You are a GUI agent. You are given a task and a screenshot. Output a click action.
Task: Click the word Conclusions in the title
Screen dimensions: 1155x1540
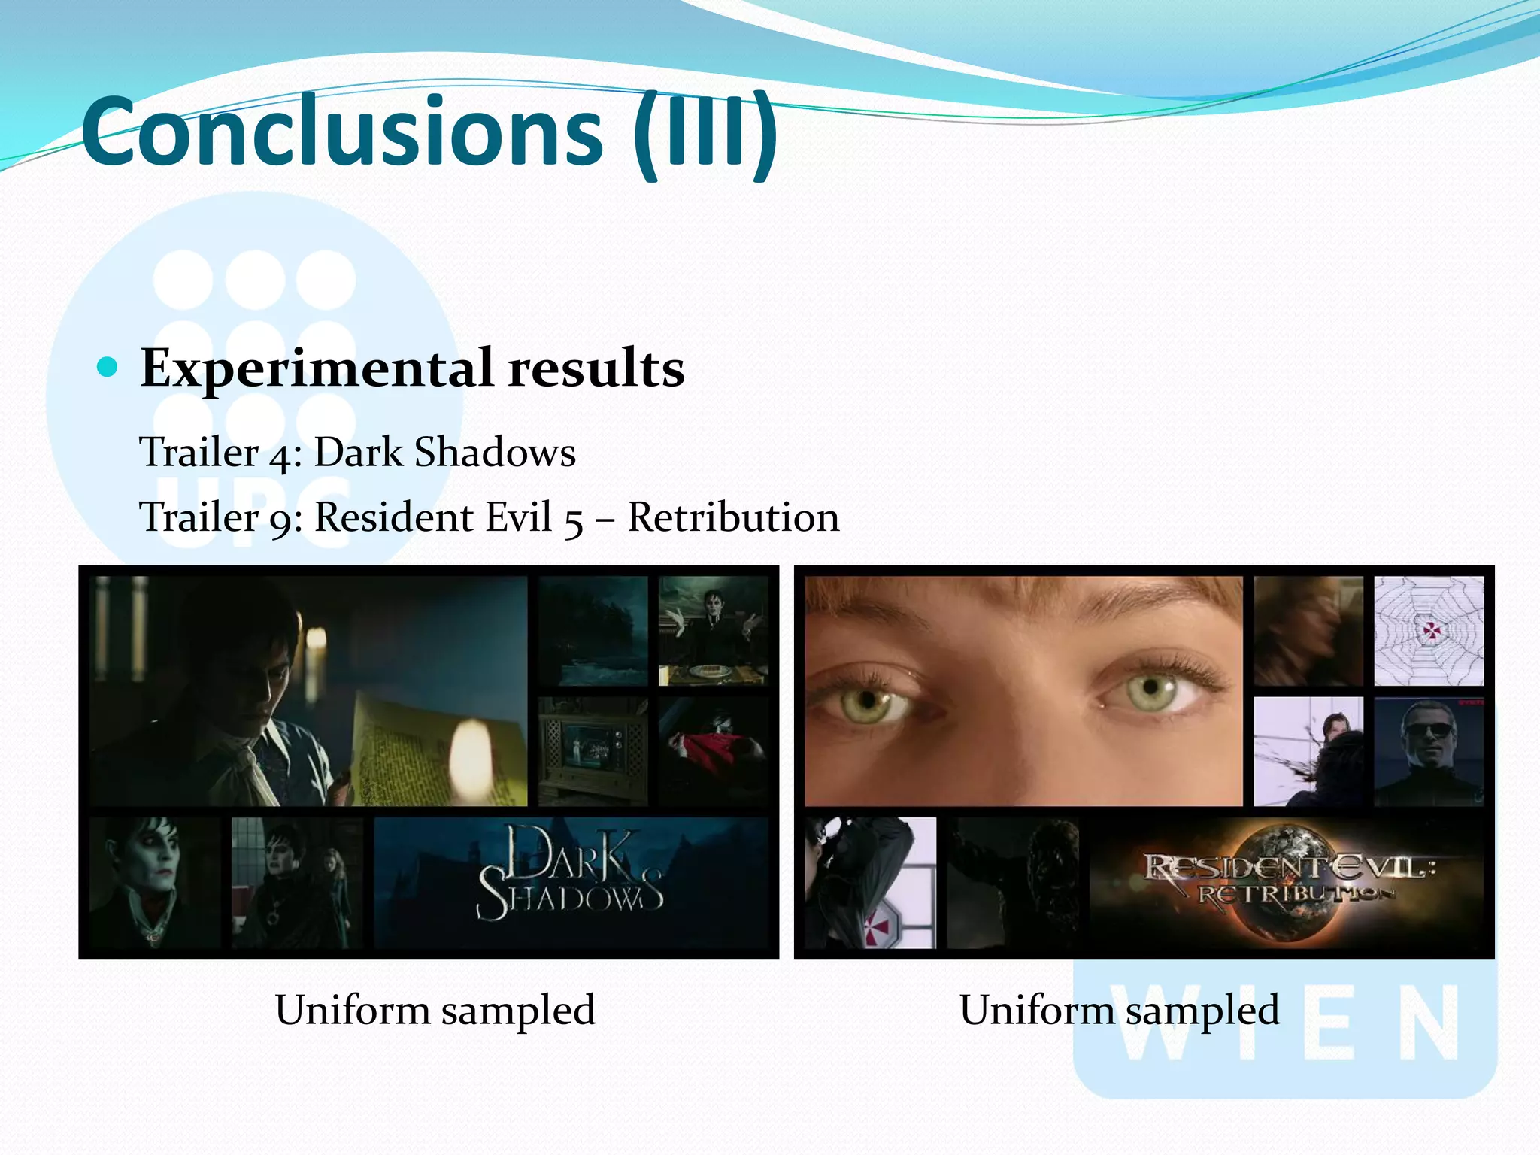(342, 132)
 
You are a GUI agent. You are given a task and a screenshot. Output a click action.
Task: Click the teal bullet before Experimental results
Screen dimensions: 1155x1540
(108, 367)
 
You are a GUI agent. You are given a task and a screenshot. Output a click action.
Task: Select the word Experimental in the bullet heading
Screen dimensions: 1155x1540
(317, 368)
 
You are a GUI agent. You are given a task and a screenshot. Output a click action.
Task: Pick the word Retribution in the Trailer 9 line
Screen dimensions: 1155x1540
(733, 517)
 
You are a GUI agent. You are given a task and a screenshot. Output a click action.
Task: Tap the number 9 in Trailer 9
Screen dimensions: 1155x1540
(280, 520)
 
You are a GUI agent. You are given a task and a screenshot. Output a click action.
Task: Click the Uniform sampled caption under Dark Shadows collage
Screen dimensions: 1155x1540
(435, 1010)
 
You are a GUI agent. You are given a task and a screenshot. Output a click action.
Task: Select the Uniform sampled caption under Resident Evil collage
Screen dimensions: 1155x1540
(1119, 1010)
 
